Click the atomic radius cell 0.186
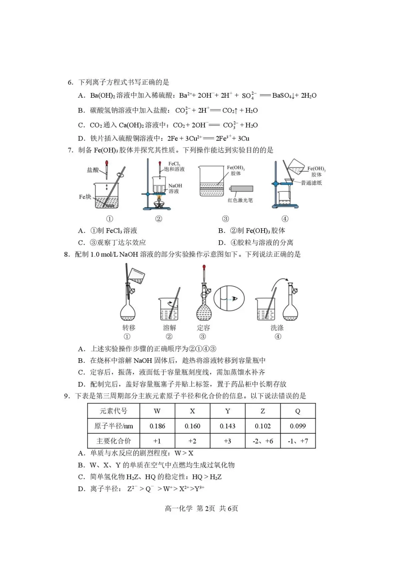pyautogui.click(x=157, y=426)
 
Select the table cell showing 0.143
pyautogui.click(x=228, y=426)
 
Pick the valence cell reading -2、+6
pyautogui.click(x=262, y=441)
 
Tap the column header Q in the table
pyautogui.click(x=298, y=411)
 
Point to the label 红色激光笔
pyautogui.click(x=240, y=200)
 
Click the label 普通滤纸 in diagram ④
pyautogui.click(x=311, y=183)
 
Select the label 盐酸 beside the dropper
pyautogui.click(x=93, y=170)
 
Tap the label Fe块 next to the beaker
pyautogui.click(x=85, y=197)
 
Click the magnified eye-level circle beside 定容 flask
pyautogui.click(x=229, y=299)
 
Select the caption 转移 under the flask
pyautogui.click(x=128, y=328)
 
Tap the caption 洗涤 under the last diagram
pyautogui.click(x=277, y=328)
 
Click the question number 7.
pyautogui.click(x=71, y=150)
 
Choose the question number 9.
pyautogui.click(x=67, y=396)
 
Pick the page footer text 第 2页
pyautogui.click(x=206, y=509)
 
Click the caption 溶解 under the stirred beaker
pyautogui.click(x=169, y=328)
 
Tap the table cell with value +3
pyautogui.click(x=228, y=441)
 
